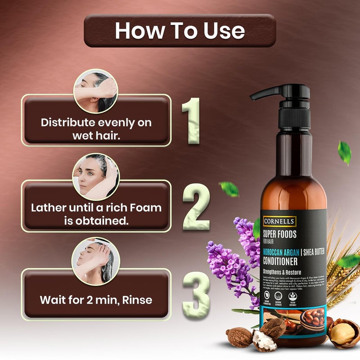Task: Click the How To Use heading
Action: coord(180,31)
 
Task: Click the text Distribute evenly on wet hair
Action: coord(96,129)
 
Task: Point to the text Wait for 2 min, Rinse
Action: coord(96,299)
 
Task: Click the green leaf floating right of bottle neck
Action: coord(344,152)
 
